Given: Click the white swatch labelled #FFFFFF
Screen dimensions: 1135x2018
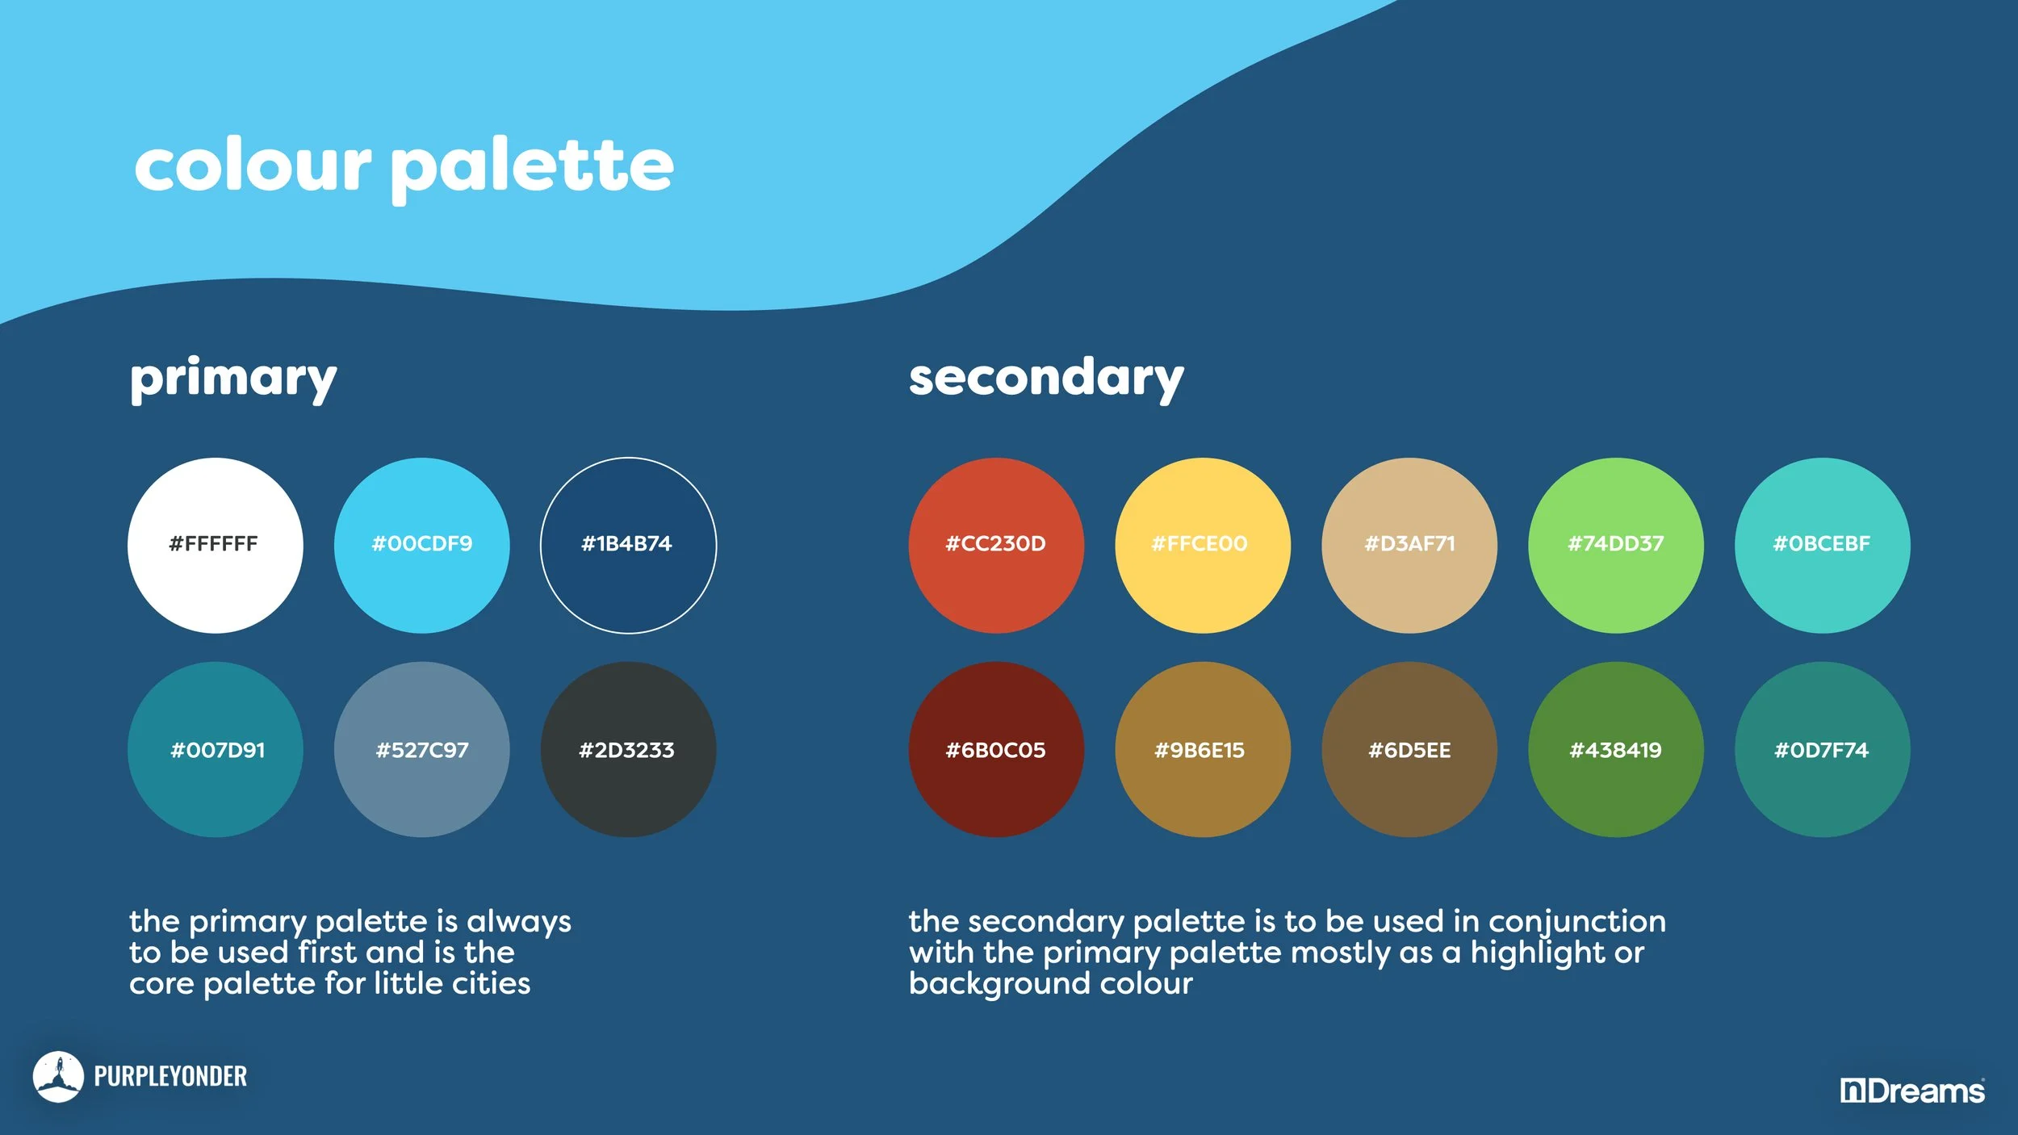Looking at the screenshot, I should [x=215, y=545].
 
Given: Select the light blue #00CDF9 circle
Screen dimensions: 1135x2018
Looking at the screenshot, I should [x=421, y=545].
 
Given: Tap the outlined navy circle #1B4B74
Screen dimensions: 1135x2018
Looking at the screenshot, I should [x=628, y=545].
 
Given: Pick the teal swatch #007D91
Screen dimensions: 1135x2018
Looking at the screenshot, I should [x=215, y=749].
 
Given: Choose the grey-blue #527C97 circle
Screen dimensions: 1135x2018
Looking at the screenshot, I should [x=421, y=749].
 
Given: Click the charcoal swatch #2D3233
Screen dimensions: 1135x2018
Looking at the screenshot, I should [x=628, y=749].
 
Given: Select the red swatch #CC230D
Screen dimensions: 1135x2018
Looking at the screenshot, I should [x=996, y=545].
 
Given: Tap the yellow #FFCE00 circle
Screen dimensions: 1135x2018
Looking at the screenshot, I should [x=1203, y=545].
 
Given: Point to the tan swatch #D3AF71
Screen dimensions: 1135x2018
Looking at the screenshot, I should [x=1409, y=545].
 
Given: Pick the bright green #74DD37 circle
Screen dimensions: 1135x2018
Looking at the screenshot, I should [x=1616, y=545].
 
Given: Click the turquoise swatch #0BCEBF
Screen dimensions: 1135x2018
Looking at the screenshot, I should [x=1823, y=545].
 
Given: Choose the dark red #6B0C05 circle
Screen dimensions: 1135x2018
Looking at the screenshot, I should [x=996, y=749].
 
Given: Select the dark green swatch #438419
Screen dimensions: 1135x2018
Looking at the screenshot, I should [x=1616, y=749].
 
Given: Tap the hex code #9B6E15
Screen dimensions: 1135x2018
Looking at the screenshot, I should [x=1199, y=750].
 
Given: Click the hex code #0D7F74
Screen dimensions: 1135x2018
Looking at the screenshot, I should [x=1821, y=750].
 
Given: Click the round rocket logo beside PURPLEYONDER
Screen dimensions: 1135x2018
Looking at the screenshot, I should [x=58, y=1076].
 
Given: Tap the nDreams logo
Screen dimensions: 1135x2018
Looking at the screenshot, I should [x=1911, y=1091].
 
